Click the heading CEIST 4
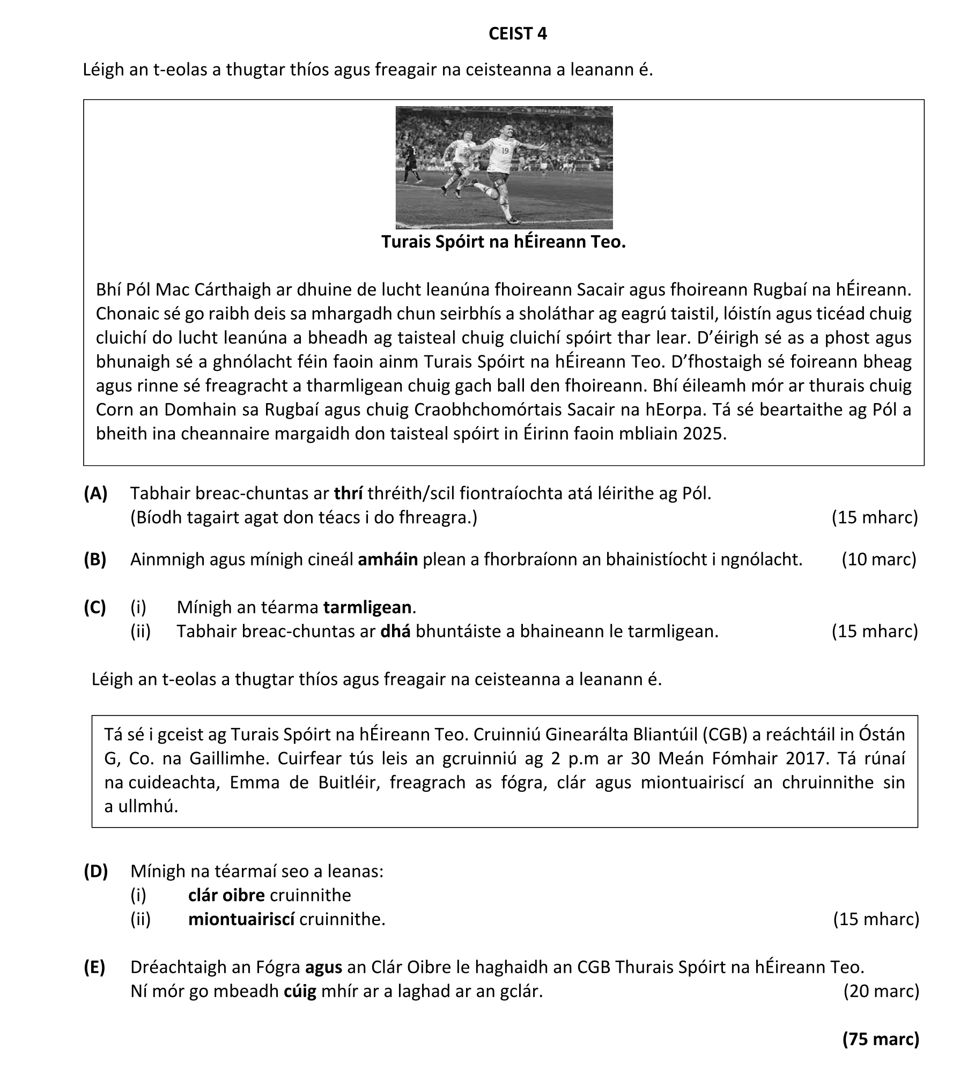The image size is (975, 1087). [518, 34]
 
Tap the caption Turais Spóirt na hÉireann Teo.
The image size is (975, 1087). [504, 242]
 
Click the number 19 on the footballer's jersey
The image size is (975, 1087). [505, 151]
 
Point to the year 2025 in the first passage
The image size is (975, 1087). [704, 433]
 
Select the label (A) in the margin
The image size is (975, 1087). [95, 493]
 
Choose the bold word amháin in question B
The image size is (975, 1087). [387, 559]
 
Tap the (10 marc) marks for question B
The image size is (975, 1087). [878, 559]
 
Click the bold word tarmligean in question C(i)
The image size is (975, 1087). [367, 607]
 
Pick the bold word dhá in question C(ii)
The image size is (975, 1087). [395, 631]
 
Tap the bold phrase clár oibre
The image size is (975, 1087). [226, 895]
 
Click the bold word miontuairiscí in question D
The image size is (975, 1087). [241, 919]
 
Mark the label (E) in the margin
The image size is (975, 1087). [95, 967]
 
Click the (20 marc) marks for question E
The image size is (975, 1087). [881, 992]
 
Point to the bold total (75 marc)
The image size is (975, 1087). [881, 1039]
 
